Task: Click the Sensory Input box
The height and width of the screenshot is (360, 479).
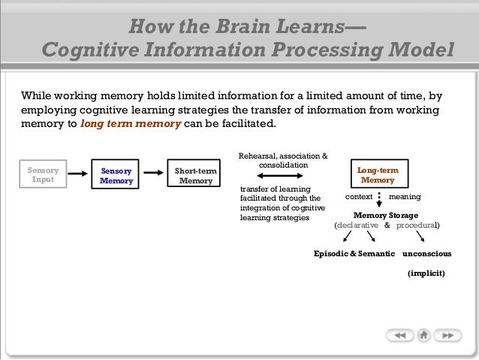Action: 43,176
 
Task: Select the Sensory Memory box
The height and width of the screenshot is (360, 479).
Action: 116,176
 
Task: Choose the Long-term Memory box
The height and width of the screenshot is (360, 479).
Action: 378,176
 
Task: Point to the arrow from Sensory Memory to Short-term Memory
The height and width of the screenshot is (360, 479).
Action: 154,174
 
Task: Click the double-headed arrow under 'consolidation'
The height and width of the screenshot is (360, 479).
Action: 282,174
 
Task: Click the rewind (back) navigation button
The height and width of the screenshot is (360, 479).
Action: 400,334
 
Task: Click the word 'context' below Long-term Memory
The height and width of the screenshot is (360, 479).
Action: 359,196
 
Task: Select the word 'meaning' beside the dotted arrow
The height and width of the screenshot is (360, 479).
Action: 405,196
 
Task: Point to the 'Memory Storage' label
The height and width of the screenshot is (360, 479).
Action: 386,215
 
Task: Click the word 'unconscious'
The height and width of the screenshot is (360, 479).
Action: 426,253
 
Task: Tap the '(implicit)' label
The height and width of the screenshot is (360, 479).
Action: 426,274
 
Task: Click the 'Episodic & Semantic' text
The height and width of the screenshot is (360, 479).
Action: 354,253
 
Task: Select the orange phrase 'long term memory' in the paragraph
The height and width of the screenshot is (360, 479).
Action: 130,124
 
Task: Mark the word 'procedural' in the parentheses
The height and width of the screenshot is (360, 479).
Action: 417,225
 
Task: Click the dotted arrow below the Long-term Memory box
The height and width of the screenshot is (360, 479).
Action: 379,199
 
